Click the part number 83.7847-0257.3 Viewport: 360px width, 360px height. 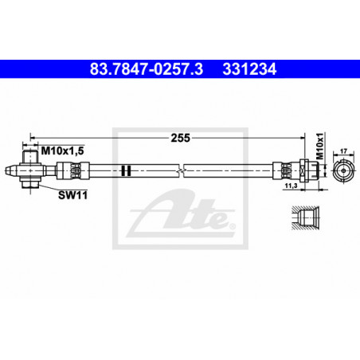pos(147,69)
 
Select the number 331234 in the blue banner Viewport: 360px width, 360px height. pos(249,69)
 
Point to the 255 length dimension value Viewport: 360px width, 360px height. pos(180,138)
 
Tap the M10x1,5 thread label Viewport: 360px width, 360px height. pos(63,151)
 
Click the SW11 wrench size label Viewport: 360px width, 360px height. pos(72,195)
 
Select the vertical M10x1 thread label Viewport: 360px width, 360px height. pos(321,147)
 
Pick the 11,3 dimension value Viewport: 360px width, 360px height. pos(291,186)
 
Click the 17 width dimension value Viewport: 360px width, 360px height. pos(343,151)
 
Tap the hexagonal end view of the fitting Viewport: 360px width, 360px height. pos(343,170)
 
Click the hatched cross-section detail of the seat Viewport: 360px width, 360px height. pos(305,217)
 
